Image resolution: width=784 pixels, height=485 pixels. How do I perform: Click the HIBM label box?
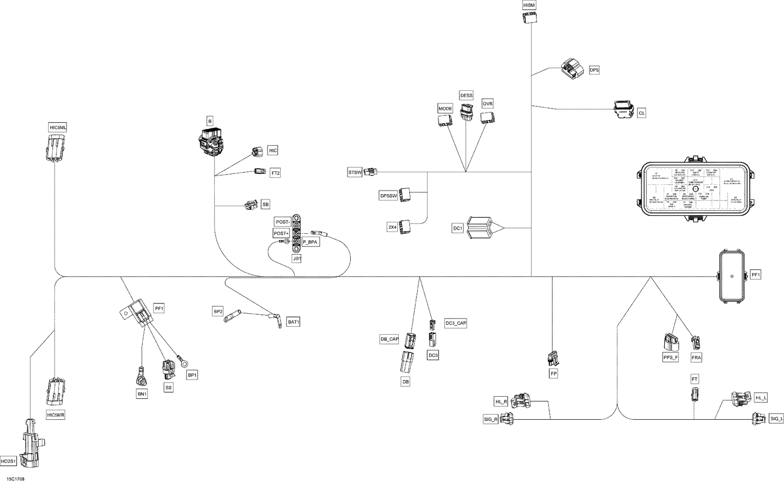pos(529,5)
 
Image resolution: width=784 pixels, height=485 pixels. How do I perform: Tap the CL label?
pos(641,113)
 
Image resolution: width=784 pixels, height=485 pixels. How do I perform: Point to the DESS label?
pos(466,96)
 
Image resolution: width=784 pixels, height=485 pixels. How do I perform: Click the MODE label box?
pos(445,109)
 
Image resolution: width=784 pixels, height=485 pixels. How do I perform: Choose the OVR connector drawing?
pos(487,118)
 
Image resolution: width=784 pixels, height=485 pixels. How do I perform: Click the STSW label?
pos(355,172)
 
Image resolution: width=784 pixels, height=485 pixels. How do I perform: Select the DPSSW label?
pos(388,196)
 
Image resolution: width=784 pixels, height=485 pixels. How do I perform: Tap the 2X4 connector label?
pos(392,227)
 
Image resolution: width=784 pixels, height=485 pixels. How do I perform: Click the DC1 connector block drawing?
pos(479,228)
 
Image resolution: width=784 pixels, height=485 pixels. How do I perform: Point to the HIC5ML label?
pos(57,128)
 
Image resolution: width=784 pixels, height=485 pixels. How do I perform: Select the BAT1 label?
pos(294,322)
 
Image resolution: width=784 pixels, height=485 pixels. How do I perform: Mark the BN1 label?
pos(142,394)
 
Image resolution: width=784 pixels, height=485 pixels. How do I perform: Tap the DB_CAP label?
pos(389,339)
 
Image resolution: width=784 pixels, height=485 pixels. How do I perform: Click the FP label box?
pos(554,374)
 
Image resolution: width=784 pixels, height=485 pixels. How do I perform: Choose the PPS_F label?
pos(670,358)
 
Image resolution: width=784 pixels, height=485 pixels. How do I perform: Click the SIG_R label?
pos(491,419)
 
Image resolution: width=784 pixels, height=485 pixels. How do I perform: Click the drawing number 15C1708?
pos(15,478)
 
